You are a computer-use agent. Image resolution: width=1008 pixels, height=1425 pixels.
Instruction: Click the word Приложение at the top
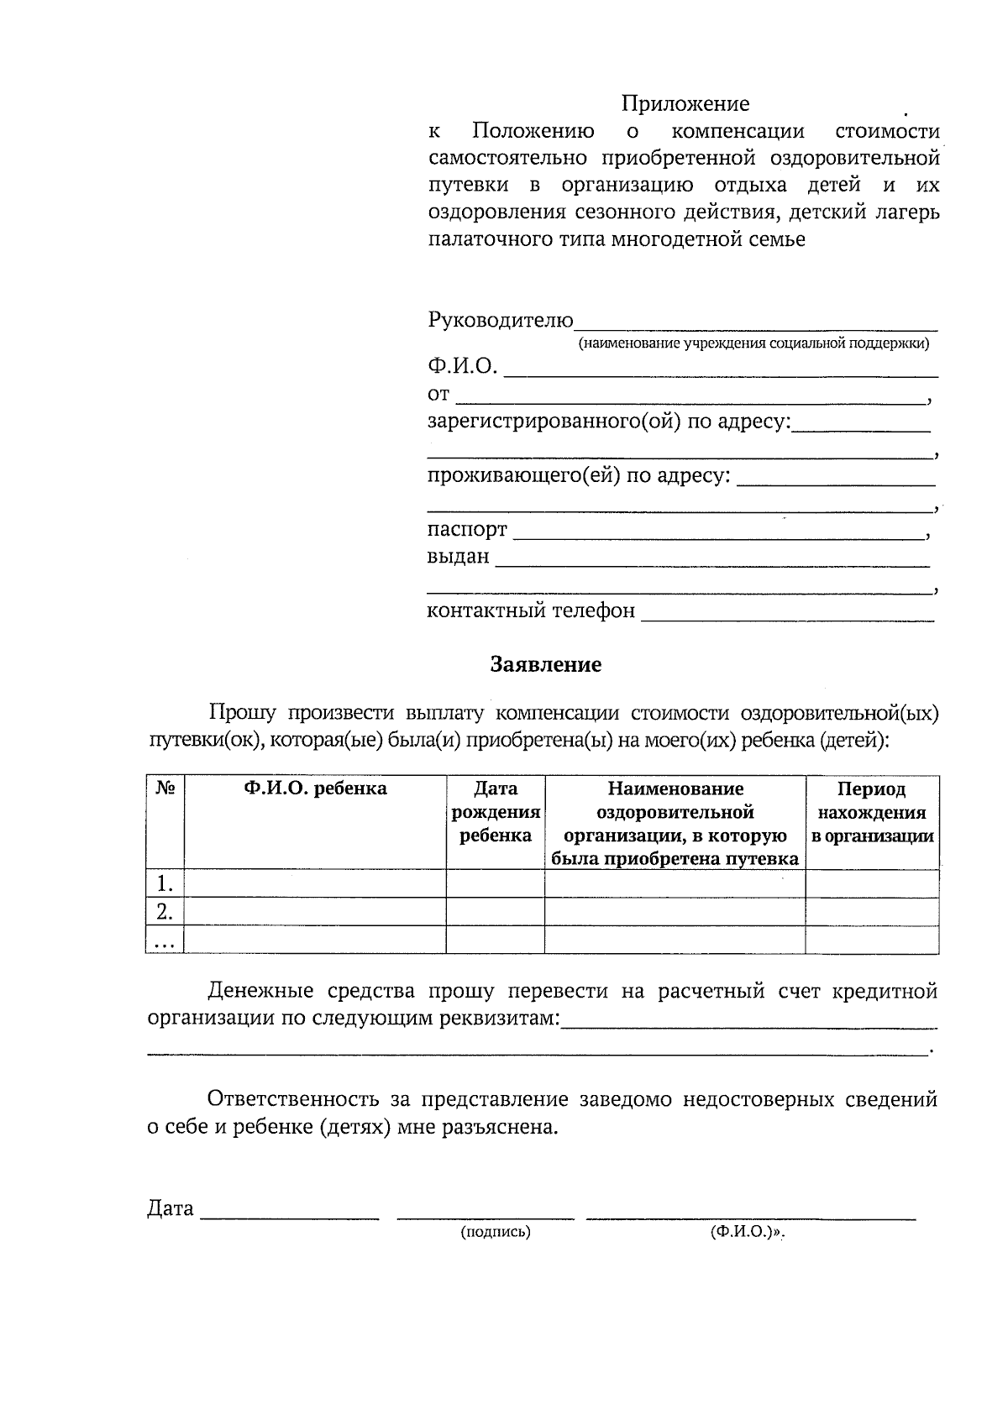(x=685, y=103)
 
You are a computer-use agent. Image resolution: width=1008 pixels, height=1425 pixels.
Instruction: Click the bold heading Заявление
(x=546, y=665)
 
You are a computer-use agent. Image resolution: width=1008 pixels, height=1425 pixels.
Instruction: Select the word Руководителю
(x=501, y=320)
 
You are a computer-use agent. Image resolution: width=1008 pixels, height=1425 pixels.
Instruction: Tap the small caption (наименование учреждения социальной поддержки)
(x=753, y=343)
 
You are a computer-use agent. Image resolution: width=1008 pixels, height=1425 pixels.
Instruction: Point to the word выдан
(x=458, y=557)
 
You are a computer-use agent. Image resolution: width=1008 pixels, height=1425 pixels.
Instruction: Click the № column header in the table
(x=165, y=788)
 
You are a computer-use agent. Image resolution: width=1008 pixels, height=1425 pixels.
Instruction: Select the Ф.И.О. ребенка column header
(x=315, y=788)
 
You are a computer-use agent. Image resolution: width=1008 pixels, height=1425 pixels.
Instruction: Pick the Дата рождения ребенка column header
(x=496, y=812)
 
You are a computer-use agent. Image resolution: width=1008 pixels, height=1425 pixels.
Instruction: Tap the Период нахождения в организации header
(x=872, y=812)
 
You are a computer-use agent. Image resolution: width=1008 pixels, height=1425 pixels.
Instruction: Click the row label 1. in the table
(x=165, y=883)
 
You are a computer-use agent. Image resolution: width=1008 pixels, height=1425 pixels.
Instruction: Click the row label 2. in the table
(x=165, y=912)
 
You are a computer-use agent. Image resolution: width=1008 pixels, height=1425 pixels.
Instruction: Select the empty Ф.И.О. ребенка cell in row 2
(x=315, y=912)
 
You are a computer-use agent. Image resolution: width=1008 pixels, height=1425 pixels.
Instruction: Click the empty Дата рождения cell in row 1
(x=496, y=883)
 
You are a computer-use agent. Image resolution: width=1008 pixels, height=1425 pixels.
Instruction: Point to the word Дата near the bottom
(x=171, y=1209)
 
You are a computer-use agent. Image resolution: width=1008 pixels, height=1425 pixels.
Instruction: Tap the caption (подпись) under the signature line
(x=496, y=1232)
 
